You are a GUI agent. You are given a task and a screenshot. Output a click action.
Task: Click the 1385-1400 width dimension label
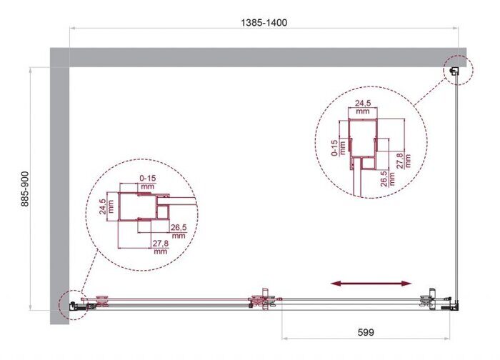point(263,23)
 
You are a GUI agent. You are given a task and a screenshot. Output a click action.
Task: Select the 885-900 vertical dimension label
point(24,187)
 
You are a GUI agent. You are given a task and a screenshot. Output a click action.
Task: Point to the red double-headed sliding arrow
point(371,284)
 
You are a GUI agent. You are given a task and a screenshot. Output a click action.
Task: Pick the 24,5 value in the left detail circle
point(104,206)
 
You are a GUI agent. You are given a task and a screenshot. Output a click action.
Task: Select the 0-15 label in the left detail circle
point(147,178)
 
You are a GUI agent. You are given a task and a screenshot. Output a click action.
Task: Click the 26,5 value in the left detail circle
point(178,230)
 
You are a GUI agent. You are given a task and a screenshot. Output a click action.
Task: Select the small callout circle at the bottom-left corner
point(73,304)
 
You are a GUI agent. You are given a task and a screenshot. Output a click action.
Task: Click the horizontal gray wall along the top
point(257,57)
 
